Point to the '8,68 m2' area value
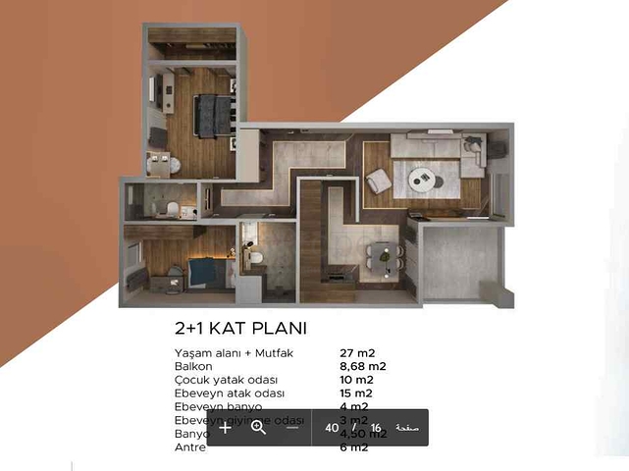(362, 366)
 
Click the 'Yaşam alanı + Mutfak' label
(232, 353)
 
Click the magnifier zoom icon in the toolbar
(259, 428)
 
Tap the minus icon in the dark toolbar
(292, 428)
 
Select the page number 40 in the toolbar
(332, 429)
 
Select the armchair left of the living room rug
(378, 182)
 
